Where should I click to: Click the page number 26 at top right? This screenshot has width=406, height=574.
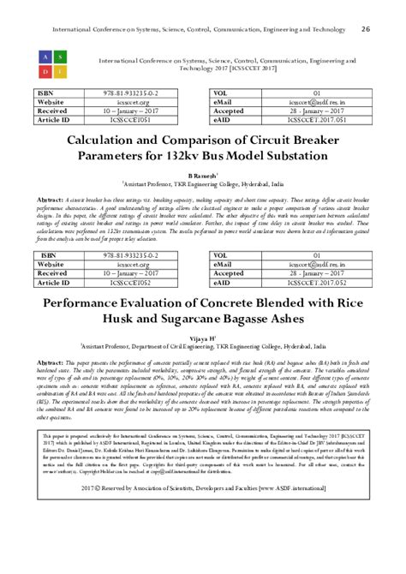pos(366,28)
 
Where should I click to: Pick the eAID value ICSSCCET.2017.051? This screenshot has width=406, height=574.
pos(316,122)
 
